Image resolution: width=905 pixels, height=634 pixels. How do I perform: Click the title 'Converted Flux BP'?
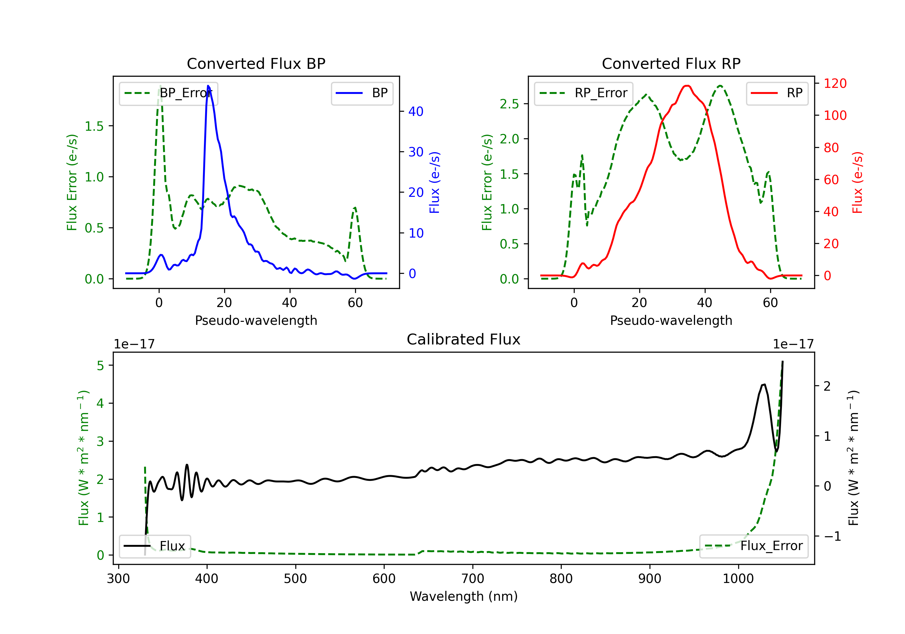(x=256, y=63)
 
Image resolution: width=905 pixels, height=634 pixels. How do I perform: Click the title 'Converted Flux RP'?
(x=671, y=63)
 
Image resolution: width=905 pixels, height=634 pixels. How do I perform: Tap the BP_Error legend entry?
(x=168, y=93)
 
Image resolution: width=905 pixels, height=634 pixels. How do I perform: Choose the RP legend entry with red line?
(x=776, y=93)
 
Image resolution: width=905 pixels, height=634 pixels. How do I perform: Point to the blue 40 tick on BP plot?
(x=415, y=112)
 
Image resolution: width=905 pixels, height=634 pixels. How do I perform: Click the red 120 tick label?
(x=835, y=84)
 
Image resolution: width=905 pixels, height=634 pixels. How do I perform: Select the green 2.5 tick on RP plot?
(x=509, y=104)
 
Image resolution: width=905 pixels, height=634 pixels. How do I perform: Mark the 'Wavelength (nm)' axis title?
(x=464, y=596)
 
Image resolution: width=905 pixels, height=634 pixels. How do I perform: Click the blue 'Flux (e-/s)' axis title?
(x=434, y=182)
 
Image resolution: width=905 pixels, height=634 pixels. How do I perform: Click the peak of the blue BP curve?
(x=208, y=86)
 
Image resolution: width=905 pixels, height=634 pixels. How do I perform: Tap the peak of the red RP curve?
(x=687, y=86)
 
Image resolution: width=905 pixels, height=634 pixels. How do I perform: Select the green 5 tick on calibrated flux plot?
(x=100, y=365)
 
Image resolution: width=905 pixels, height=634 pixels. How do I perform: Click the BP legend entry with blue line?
(x=362, y=93)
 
